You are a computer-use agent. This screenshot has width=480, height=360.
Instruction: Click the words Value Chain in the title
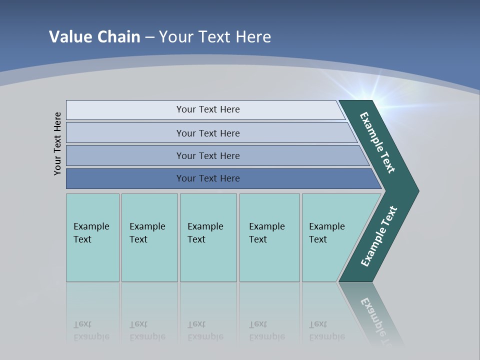coord(94,37)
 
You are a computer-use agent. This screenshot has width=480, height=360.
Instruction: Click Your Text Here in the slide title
coord(215,37)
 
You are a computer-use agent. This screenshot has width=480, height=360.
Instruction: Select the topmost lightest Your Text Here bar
coord(208,109)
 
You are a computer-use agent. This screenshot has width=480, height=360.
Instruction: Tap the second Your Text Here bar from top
coord(208,133)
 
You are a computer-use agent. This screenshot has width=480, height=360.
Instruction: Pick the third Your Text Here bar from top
coord(208,155)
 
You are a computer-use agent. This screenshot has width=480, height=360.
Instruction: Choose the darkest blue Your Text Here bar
coord(208,178)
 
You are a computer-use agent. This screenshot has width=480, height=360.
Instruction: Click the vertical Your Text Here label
coord(57,143)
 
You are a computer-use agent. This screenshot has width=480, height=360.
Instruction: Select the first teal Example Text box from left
coord(92,237)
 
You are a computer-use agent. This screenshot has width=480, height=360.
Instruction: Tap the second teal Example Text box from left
coord(149,237)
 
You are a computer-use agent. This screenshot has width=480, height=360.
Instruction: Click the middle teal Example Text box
coord(208,237)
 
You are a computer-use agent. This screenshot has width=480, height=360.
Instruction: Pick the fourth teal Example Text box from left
coord(269,237)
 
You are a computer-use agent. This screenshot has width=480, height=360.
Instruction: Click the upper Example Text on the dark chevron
coord(377,142)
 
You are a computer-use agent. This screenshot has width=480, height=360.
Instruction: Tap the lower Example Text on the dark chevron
coord(379,236)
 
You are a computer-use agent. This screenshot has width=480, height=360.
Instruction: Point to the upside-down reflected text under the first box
coord(91,330)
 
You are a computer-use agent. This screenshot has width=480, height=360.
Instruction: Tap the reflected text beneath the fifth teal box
coord(326,330)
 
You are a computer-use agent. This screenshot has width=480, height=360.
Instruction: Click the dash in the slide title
coord(149,37)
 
